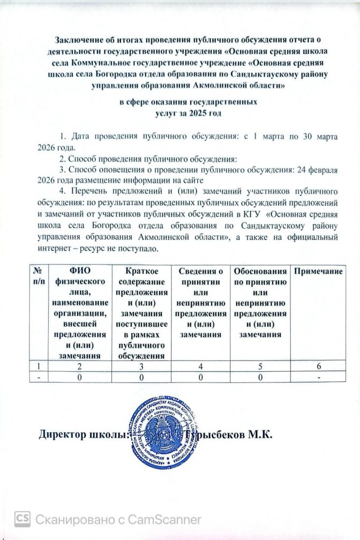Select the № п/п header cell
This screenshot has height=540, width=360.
pos(38,277)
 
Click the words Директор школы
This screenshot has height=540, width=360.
pos(82,434)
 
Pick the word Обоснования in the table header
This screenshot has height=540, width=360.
pos(260,273)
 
